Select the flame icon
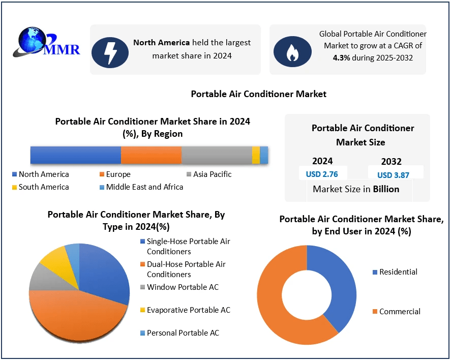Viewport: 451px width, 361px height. (x=292, y=50)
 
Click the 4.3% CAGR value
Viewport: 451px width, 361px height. (x=341, y=57)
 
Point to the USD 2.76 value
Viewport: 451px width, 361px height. (x=322, y=174)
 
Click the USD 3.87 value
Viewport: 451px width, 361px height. (x=393, y=175)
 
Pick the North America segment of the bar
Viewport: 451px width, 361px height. (x=75, y=155)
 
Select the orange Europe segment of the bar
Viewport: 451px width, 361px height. (x=151, y=155)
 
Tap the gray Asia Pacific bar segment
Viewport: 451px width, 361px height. (x=216, y=155)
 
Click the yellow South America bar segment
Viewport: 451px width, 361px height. (x=256, y=155)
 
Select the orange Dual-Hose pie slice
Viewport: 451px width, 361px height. (x=76, y=315)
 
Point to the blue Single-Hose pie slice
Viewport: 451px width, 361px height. (x=107, y=272)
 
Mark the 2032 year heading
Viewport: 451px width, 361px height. (x=391, y=162)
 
